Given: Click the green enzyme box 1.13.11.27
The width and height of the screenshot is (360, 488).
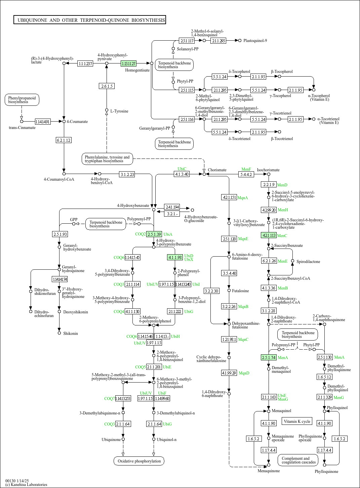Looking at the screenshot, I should click(x=128, y=63).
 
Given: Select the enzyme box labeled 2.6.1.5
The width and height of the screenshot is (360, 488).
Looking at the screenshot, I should click(x=107, y=86).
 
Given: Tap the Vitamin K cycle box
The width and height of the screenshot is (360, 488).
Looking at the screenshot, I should click(x=297, y=421).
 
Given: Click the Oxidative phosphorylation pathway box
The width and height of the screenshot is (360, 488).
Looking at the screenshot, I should click(x=139, y=461).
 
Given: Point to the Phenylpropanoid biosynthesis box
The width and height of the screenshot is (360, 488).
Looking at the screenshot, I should click(x=22, y=100).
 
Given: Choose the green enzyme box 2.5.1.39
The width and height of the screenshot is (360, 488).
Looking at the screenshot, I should click(x=154, y=234).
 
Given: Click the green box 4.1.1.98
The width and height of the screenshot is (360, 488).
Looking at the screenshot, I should click(x=175, y=257).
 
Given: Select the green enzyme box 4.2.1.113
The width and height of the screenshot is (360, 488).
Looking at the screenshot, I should click(x=269, y=235).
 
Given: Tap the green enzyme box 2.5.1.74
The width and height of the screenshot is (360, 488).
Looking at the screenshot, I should click(x=269, y=357).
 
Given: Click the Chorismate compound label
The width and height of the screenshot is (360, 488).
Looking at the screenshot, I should click(x=217, y=170).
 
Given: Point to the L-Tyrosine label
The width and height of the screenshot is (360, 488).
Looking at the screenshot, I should click(x=119, y=111).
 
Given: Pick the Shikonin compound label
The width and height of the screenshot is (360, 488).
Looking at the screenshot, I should click(x=71, y=334).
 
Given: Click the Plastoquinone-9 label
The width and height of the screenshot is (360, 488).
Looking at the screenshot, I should click(x=255, y=41).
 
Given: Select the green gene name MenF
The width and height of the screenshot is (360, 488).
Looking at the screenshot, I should click(x=246, y=169).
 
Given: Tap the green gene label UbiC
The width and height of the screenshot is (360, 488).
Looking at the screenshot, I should click(x=182, y=169).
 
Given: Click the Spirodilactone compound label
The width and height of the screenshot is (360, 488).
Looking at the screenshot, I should click(x=308, y=262).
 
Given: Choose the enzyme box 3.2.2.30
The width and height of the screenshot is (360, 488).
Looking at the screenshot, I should click(x=211, y=291).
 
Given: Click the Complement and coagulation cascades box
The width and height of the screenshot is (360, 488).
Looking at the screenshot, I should click(x=298, y=460).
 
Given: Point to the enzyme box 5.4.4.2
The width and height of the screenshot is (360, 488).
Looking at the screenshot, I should click(x=246, y=175).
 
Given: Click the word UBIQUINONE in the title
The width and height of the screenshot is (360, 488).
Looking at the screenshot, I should click(x=32, y=20).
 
